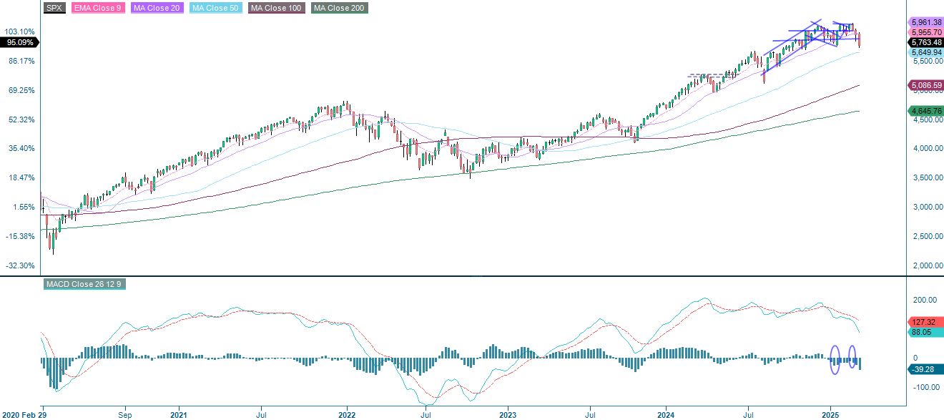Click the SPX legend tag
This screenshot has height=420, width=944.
(x=54, y=9)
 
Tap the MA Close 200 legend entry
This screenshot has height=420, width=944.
(x=338, y=9)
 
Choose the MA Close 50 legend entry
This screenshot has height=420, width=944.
(x=215, y=9)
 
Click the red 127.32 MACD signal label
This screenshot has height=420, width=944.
(x=925, y=322)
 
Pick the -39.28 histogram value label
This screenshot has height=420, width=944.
(x=925, y=369)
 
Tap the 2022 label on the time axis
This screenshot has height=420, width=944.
(x=347, y=414)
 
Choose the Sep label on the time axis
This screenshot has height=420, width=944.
(x=125, y=414)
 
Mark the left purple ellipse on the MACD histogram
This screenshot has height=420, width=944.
(x=835, y=359)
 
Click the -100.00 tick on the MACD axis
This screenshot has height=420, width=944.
(x=927, y=387)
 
